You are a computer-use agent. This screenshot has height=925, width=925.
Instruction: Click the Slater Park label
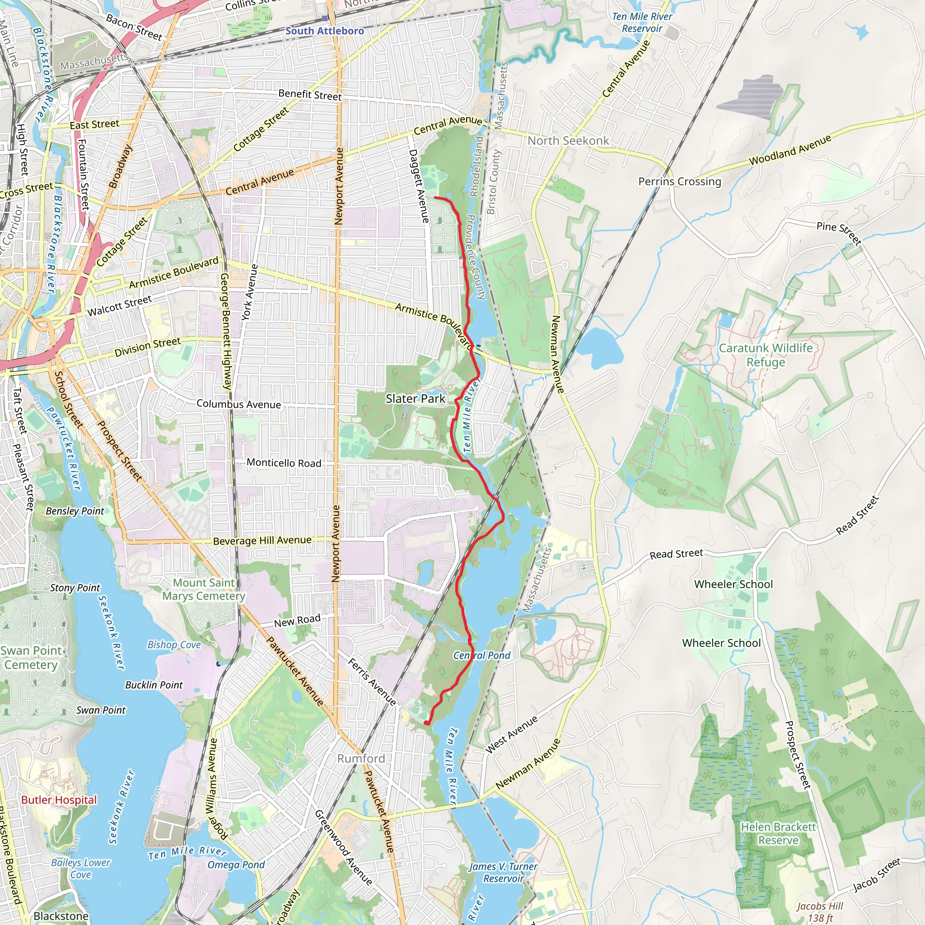tap(415, 398)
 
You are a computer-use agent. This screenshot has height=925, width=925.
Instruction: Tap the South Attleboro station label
tap(325, 31)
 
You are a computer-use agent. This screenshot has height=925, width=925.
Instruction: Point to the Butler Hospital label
tap(59, 799)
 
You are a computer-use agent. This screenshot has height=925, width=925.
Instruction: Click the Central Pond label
tap(481, 655)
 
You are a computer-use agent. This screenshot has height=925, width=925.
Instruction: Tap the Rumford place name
tap(361, 758)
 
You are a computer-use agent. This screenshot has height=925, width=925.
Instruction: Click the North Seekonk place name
tap(568, 140)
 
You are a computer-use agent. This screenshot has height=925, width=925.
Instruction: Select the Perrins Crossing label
tap(679, 182)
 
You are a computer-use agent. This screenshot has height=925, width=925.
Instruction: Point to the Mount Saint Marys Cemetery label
tap(204, 589)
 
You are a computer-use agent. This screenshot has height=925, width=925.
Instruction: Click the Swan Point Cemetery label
tap(31, 657)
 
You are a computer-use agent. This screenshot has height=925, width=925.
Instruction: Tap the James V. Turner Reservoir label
tap(503, 872)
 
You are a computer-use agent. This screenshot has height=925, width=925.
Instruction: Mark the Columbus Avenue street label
tap(238, 404)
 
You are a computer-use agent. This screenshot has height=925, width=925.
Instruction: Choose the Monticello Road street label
tap(284, 463)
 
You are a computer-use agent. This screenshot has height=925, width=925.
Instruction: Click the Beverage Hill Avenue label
tap(262, 541)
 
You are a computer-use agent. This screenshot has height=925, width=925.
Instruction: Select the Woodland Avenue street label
tap(790, 150)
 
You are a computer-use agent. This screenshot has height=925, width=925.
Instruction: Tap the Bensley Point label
tap(75, 511)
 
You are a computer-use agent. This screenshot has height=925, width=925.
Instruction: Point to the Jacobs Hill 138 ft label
tap(819, 911)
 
